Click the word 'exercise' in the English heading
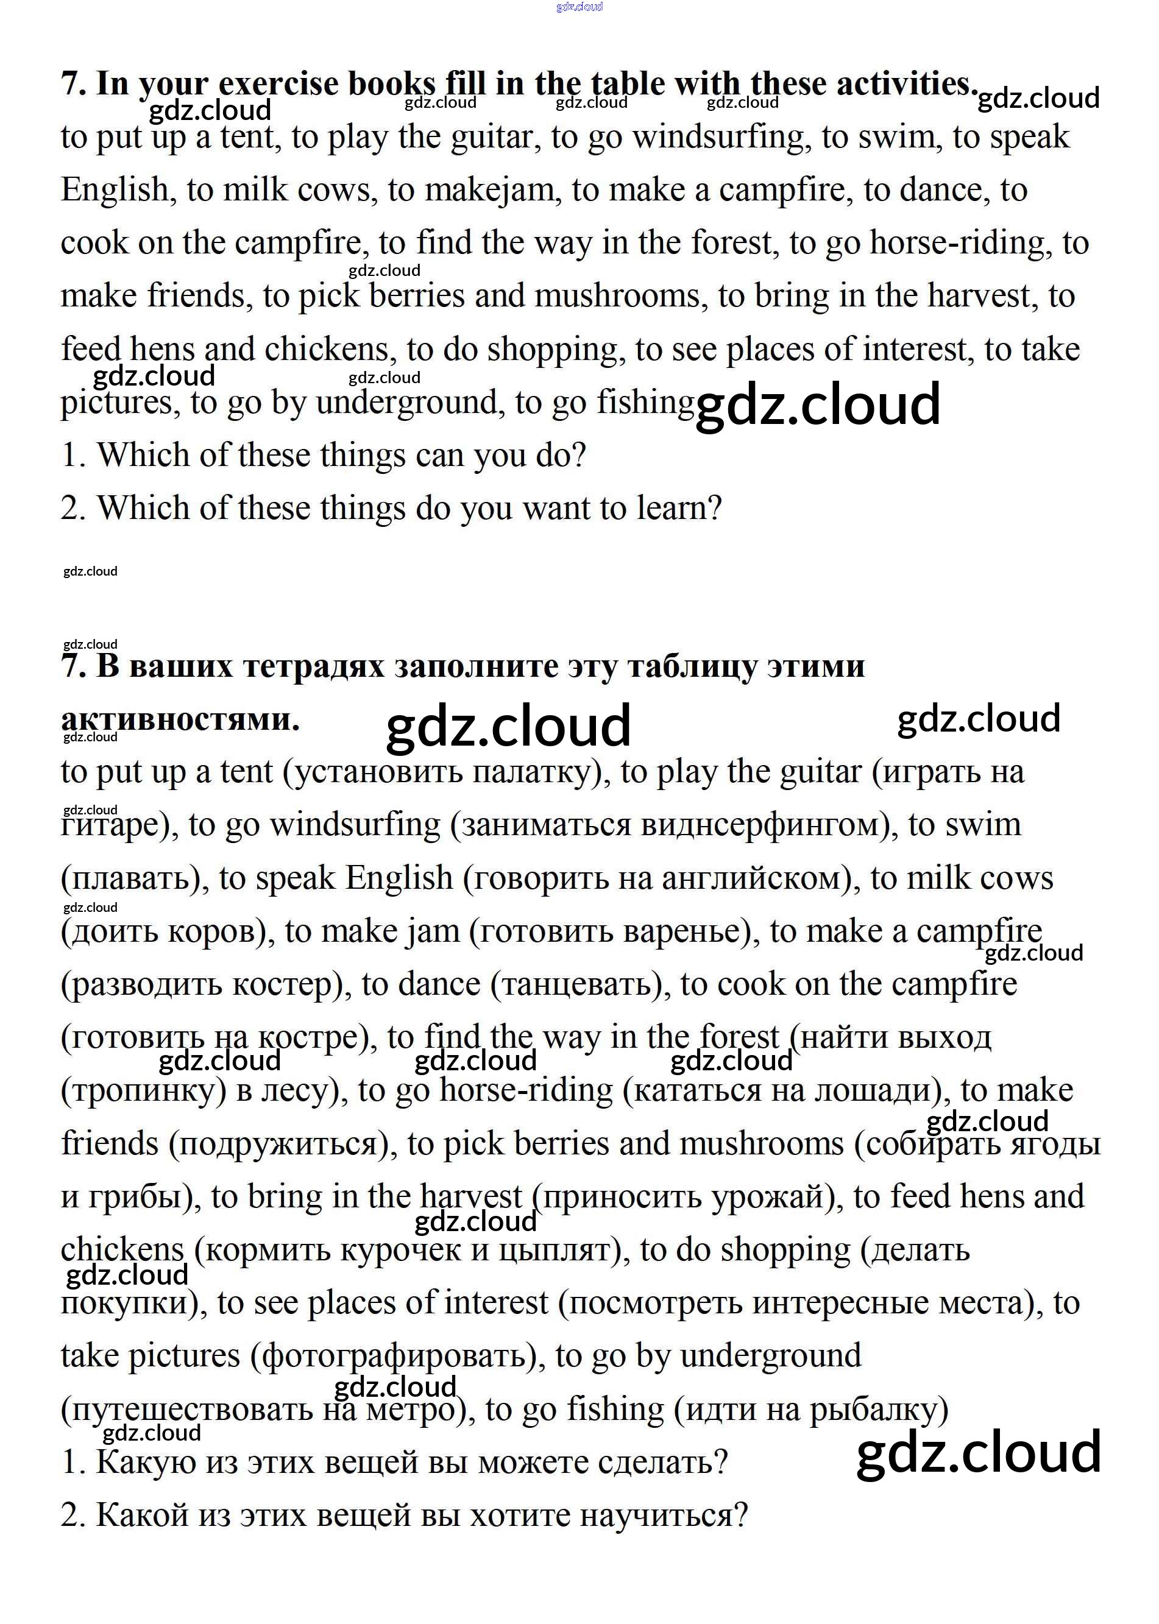[x=278, y=85]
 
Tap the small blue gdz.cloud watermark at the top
[x=579, y=7]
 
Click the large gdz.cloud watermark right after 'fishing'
[x=818, y=404]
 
